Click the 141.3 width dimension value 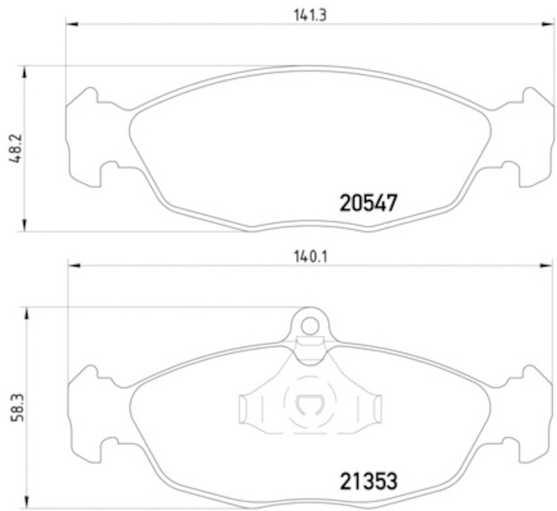[310, 15]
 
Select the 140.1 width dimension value [310, 256]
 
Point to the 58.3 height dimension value [17, 407]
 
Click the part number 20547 [368, 203]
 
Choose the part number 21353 [368, 481]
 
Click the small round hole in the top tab [310, 326]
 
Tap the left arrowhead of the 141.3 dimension [72, 24]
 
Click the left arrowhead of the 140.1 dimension [74, 265]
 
